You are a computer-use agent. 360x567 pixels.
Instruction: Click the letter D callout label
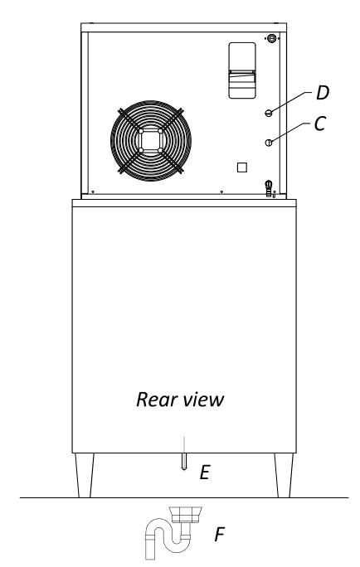click(x=323, y=93)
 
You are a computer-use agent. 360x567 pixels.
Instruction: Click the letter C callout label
click(x=320, y=124)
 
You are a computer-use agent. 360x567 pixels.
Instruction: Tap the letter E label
click(x=205, y=472)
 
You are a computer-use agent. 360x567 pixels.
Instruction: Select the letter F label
click(x=220, y=535)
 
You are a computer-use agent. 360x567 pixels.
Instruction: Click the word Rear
click(x=156, y=400)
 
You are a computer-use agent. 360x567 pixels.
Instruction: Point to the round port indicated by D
click(x=269, y=114)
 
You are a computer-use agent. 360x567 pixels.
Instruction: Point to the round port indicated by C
click(x=269, y=143)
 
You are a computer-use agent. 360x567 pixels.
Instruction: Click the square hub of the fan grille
click(x=150, y=141)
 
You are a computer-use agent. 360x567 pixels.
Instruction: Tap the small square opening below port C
click(x=242, y=167)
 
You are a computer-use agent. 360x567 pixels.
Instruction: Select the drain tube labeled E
click(x=184, y=462)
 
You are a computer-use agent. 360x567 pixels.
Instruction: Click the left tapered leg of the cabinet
click(x=85, y=475)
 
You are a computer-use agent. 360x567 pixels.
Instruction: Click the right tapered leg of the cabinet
click(x=284, y=475)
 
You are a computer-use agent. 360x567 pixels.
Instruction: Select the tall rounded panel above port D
click(x=242, y=70)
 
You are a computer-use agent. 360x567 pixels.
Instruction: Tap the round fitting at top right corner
click(x=272, y=38)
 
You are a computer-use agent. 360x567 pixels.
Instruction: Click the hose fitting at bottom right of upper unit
click(x=269, y=188)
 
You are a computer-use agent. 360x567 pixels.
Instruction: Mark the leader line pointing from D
click(x=290, y=102)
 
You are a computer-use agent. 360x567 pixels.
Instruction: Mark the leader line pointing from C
click(x=290, y=133)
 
